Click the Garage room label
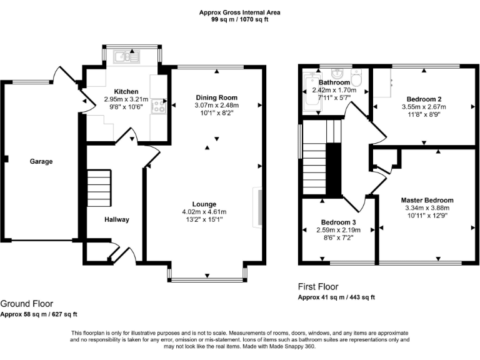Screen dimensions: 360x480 coord(41,161)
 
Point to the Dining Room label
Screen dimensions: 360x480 coord(217,97)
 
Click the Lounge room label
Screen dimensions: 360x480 coord(204,204)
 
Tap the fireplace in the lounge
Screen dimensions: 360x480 coord(256,206)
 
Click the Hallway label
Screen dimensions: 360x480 coord(117,219)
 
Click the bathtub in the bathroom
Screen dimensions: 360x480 coord(311,92)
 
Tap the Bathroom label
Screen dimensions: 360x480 coord(334,82)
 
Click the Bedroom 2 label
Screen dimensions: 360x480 coord(424,99)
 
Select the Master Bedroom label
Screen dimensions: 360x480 coord(427,200)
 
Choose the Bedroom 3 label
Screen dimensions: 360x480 coord(339,222)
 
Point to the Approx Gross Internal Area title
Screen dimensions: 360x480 coord(240,12)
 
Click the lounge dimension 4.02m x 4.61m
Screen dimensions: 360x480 coord(204,211)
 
